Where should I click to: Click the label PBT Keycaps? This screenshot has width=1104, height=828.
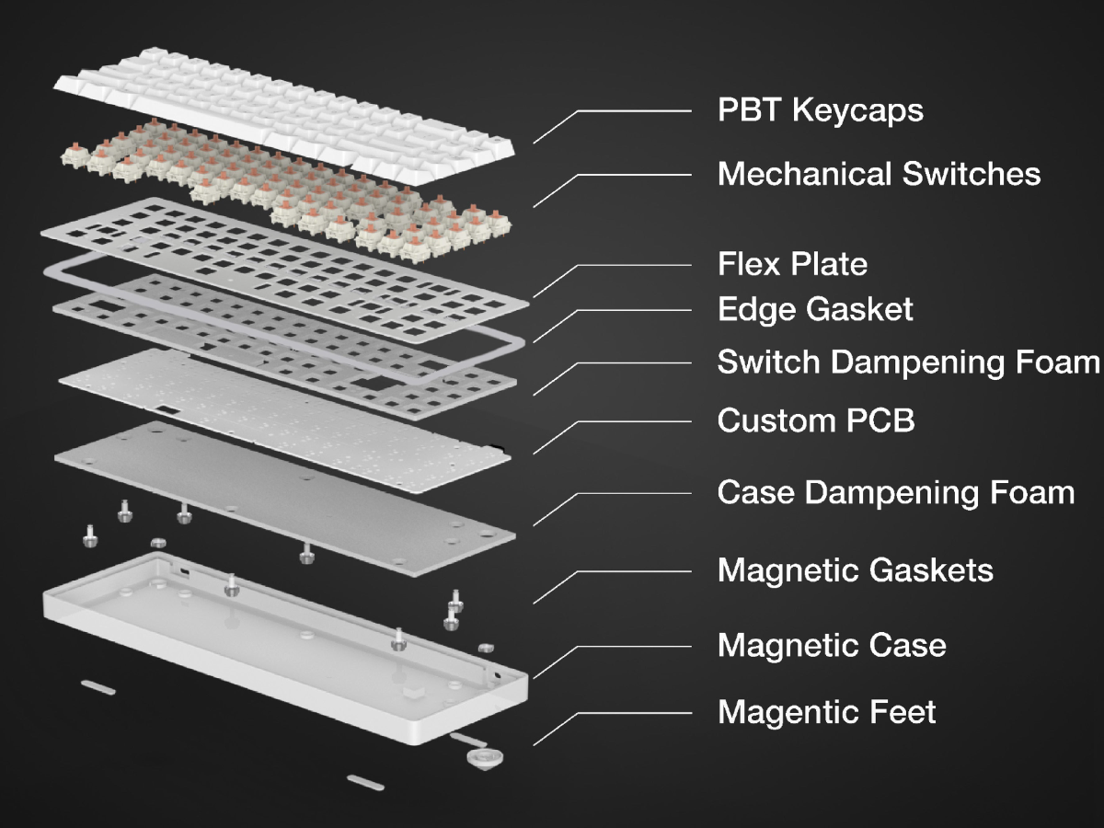(820, 111)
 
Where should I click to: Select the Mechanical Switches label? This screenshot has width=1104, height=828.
(879, 174)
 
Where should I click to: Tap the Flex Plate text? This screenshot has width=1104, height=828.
(792, 265)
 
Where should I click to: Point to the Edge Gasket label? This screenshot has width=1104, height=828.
(815, 309)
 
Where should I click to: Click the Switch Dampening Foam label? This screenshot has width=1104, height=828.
(908, 362)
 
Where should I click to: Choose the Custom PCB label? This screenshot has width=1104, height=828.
(815, 421)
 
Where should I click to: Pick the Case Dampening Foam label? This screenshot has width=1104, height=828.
(895, 492)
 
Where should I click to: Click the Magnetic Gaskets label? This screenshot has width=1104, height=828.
(855, 570)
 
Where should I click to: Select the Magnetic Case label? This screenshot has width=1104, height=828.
(831, 645)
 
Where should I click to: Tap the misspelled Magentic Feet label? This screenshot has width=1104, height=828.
(826, 712)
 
